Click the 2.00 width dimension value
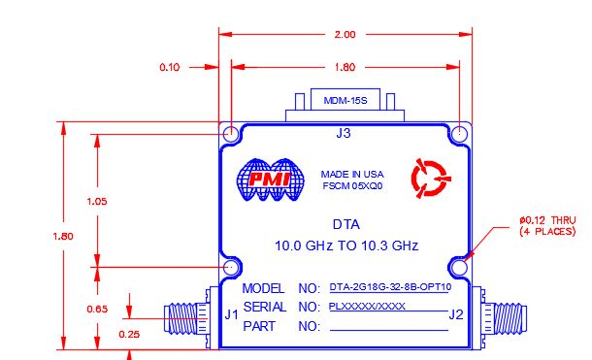coord(345,34)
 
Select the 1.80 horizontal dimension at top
coord(345,68)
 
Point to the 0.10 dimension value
coord(170,68)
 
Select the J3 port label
coord(344,134)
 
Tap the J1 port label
coord(231,314)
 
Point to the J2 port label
coord(456,314)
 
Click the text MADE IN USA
coord(352,175)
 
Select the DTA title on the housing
coord(345,225)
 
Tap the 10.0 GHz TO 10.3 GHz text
coord(345,245)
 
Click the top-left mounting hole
coord(232,133)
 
